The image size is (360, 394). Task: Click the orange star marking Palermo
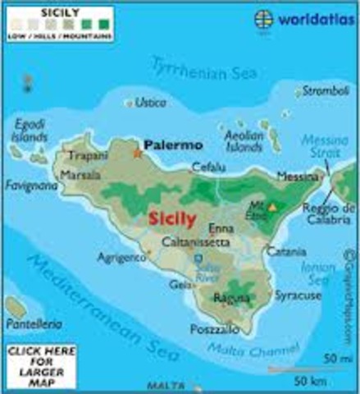(136, 152)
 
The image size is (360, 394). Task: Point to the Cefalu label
(207, 167)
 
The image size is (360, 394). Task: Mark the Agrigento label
(121, 256)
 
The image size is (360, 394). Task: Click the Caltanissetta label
(194, 243)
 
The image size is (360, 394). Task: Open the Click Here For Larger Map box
(34, 364)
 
